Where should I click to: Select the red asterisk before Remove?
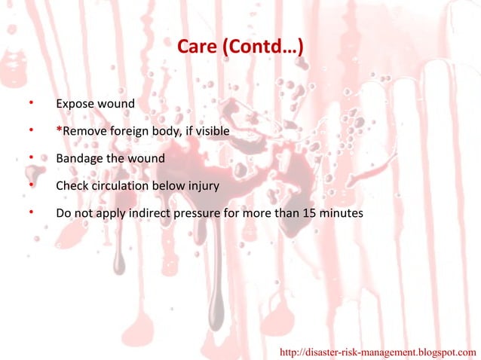coord(60,130)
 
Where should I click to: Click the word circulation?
coord(120,186)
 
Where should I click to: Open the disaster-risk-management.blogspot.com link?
coord(378,352)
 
